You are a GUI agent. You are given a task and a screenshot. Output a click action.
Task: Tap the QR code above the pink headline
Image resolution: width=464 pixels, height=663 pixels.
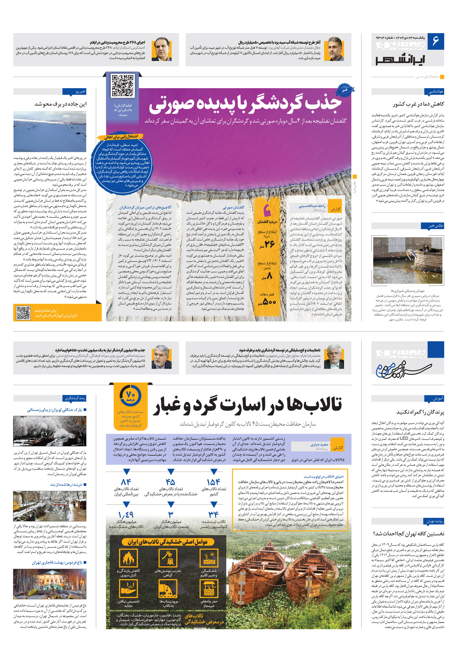click(123, 85)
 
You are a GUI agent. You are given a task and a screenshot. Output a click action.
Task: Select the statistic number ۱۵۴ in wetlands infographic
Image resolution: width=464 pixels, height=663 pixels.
click(214, 482)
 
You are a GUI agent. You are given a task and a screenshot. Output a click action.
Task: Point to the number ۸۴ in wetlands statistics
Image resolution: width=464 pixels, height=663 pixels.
click(126, 482)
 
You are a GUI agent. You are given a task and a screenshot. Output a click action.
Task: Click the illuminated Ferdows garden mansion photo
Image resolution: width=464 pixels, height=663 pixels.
click(50, 584)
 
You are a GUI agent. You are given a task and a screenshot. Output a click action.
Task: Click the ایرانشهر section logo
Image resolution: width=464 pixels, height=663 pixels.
click(400, 59)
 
